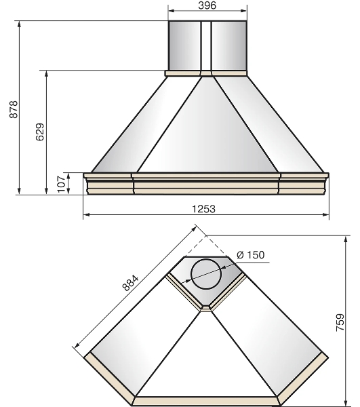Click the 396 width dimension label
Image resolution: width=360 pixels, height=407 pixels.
click(x=207, y=5)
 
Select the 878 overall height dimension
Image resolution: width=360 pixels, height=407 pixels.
click(x=14, y=109)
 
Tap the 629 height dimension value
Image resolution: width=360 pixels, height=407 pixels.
click(x=40, y=132)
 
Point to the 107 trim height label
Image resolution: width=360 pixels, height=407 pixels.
click(x=61, y=184)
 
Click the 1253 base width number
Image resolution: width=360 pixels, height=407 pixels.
click(x=203, y=209)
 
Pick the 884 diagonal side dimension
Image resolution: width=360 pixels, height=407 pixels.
click(x=130, y=283)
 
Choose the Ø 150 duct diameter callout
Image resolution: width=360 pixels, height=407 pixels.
click(x=251, y=255)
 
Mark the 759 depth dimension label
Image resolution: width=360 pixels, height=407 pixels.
click(x=340, y=322)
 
